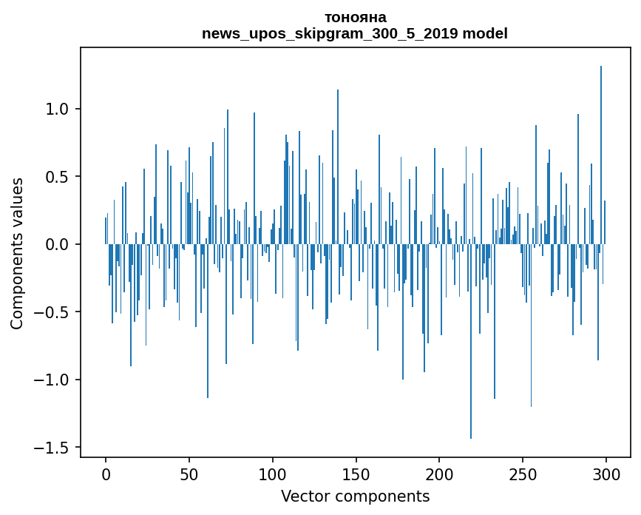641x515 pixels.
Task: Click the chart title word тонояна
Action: pyautogui.click(x=355, y=17)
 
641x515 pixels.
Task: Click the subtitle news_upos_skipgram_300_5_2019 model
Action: pyautogui.click(x=355, y=33)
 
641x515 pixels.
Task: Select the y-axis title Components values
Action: pyautogui.click(x=17, y=253)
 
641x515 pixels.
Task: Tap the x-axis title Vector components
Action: pyautogui.click(x=355, y=496)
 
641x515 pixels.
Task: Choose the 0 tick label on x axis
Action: pyautogui.click(x=106, y=474)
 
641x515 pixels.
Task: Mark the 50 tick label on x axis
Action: pyautogui.click(x=189, y=474)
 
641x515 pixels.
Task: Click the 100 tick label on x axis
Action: pyautogui.click(x=273, y=474)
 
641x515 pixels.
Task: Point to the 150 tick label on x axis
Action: pyautogui.click(x=356, y=474)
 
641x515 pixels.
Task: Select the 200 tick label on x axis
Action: pyautogui.click(x=439, y=474)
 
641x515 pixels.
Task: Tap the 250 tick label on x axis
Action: pyautogui.click(x=523, y=474)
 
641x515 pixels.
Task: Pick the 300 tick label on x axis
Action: pyautogui.click(x=606, y=474)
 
